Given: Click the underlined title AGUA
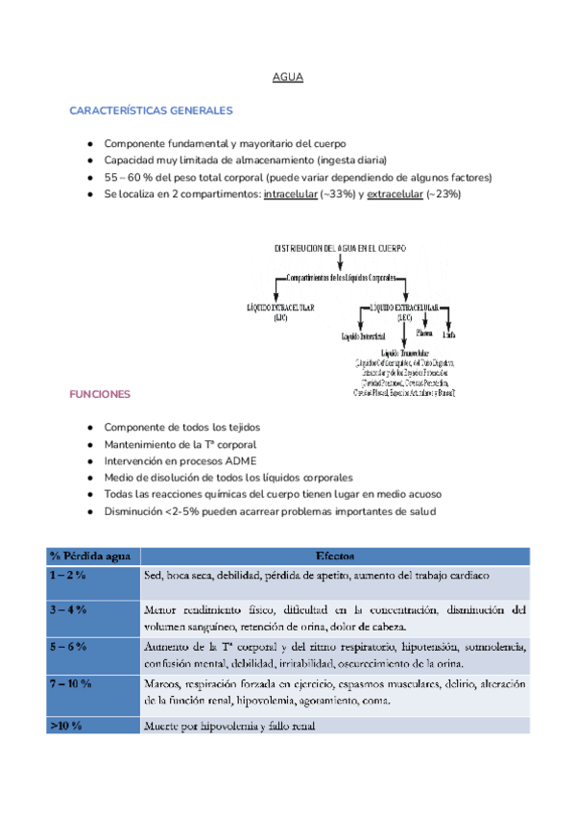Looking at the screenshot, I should point(288,77).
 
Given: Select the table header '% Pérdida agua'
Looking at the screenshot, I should point(92,556).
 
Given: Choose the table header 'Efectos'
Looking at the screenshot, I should point(334,556).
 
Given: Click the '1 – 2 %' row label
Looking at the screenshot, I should point(68,575).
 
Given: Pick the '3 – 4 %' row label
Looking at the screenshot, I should point(68,609).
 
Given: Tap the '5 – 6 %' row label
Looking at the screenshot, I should point(68,646).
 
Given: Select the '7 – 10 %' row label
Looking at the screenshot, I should point(71,683).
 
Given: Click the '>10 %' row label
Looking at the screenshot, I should point(66,727).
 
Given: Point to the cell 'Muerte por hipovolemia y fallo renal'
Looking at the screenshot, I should point(230,727).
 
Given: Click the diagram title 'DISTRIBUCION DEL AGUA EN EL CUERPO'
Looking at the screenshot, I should point(340,247).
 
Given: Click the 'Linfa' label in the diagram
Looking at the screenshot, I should point(448,335).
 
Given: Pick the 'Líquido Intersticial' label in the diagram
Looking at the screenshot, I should point(364,336).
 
